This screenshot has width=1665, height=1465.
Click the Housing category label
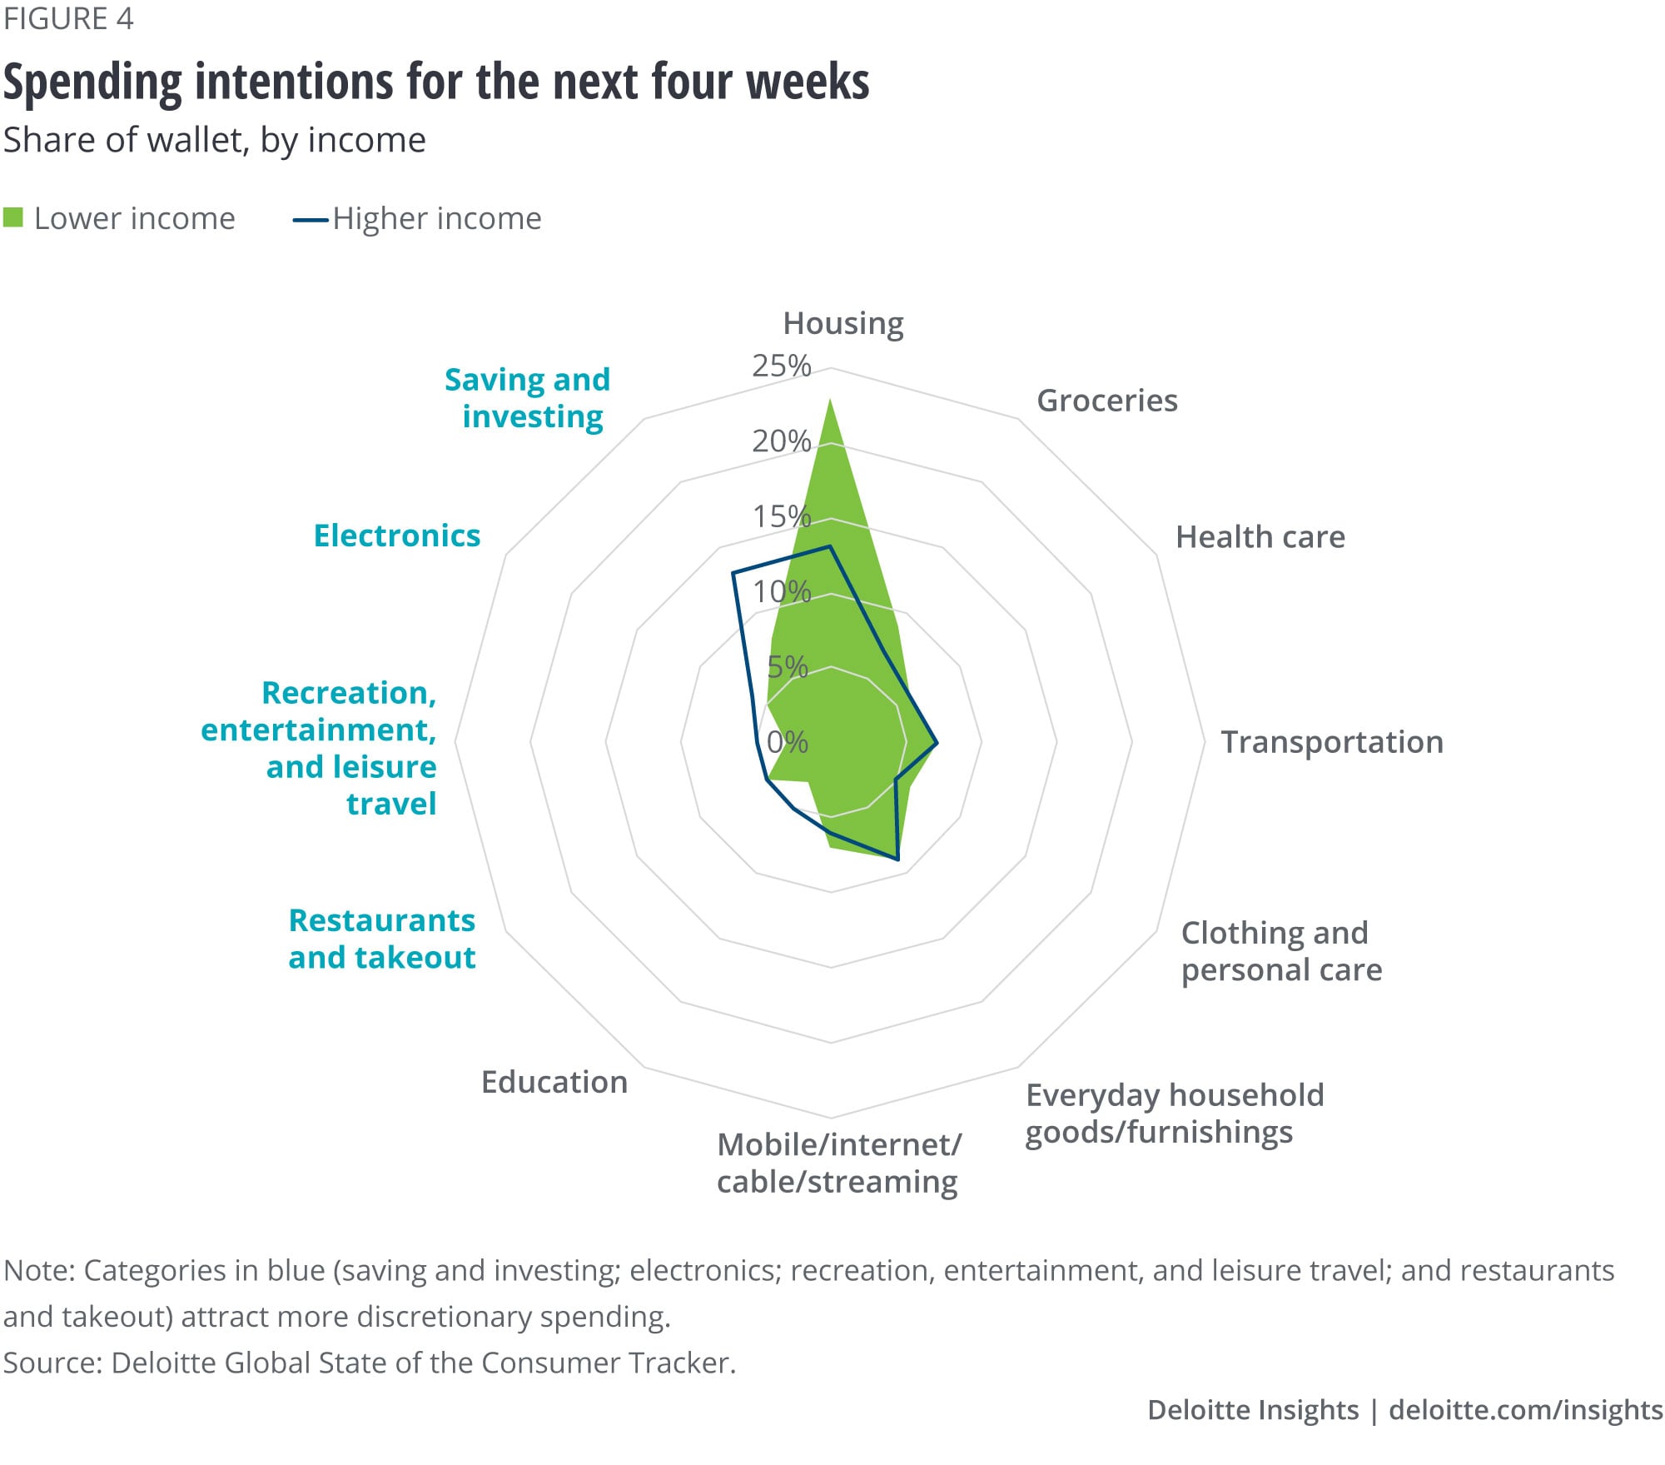842,323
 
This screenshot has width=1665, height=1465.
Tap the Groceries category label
1106,401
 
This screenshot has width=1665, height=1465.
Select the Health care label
1260,537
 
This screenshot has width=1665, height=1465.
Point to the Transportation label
1331,742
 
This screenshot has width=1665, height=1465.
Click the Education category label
554,1082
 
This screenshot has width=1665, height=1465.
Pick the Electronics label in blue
397,536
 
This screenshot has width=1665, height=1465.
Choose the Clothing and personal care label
1281,951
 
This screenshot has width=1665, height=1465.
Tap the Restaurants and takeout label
382,939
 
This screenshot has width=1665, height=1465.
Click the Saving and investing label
528,397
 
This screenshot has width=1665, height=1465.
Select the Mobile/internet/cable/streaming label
838,1163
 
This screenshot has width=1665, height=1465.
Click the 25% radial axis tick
781,366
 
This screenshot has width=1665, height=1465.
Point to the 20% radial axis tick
781,441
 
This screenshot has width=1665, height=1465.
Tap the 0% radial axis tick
788,741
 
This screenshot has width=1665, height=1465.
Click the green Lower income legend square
13,218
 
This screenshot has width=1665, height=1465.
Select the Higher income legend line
311,220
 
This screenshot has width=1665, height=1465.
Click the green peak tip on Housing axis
829,401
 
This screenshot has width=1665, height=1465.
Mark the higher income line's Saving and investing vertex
733,573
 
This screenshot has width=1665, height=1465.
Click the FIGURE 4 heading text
68,18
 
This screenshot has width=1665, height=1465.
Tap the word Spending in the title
92,82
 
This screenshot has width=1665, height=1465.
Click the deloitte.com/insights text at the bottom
1525,1409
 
